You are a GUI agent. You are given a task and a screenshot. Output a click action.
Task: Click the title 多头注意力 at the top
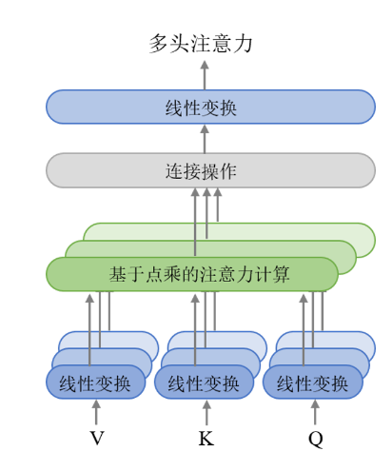tap(201, 44)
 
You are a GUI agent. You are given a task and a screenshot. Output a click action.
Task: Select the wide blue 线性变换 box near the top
tap(210, 107)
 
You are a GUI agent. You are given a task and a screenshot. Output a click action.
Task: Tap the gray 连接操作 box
tap(210, 170)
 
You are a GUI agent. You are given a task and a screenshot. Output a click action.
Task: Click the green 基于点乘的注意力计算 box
tap(192, 274)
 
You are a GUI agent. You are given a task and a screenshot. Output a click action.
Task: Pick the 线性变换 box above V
tap(96, 383)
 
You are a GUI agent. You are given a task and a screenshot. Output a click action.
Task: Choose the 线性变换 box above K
tap(204, 383)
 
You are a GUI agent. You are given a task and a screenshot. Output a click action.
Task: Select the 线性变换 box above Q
tap(312, 383)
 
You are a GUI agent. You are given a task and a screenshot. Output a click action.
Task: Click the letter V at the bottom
tap(97, 439)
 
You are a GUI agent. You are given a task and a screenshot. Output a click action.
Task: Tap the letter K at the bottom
tap(206, 439)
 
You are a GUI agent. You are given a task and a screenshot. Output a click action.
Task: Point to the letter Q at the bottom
tap(316, 440)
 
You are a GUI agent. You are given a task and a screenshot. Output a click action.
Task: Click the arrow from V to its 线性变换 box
tap(96, 412)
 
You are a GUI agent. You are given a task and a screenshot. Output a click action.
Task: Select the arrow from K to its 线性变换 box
tap(206, 412)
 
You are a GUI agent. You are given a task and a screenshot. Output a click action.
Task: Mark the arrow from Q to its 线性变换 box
tap(315, 412)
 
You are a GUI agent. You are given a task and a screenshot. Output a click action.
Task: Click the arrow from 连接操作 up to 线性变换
tap(205, 139)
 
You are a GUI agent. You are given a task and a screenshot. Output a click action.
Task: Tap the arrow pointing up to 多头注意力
tap(205, 75)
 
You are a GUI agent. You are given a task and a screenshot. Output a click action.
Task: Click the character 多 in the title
tap(159, 44)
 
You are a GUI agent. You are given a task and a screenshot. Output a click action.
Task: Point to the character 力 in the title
tap(243, 44)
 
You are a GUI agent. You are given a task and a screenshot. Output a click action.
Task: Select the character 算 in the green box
tap(281, 274)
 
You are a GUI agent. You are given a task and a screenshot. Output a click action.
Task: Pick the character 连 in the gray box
tap(174, 171)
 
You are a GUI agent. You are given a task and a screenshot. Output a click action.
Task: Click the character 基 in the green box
tap(118, 274)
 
